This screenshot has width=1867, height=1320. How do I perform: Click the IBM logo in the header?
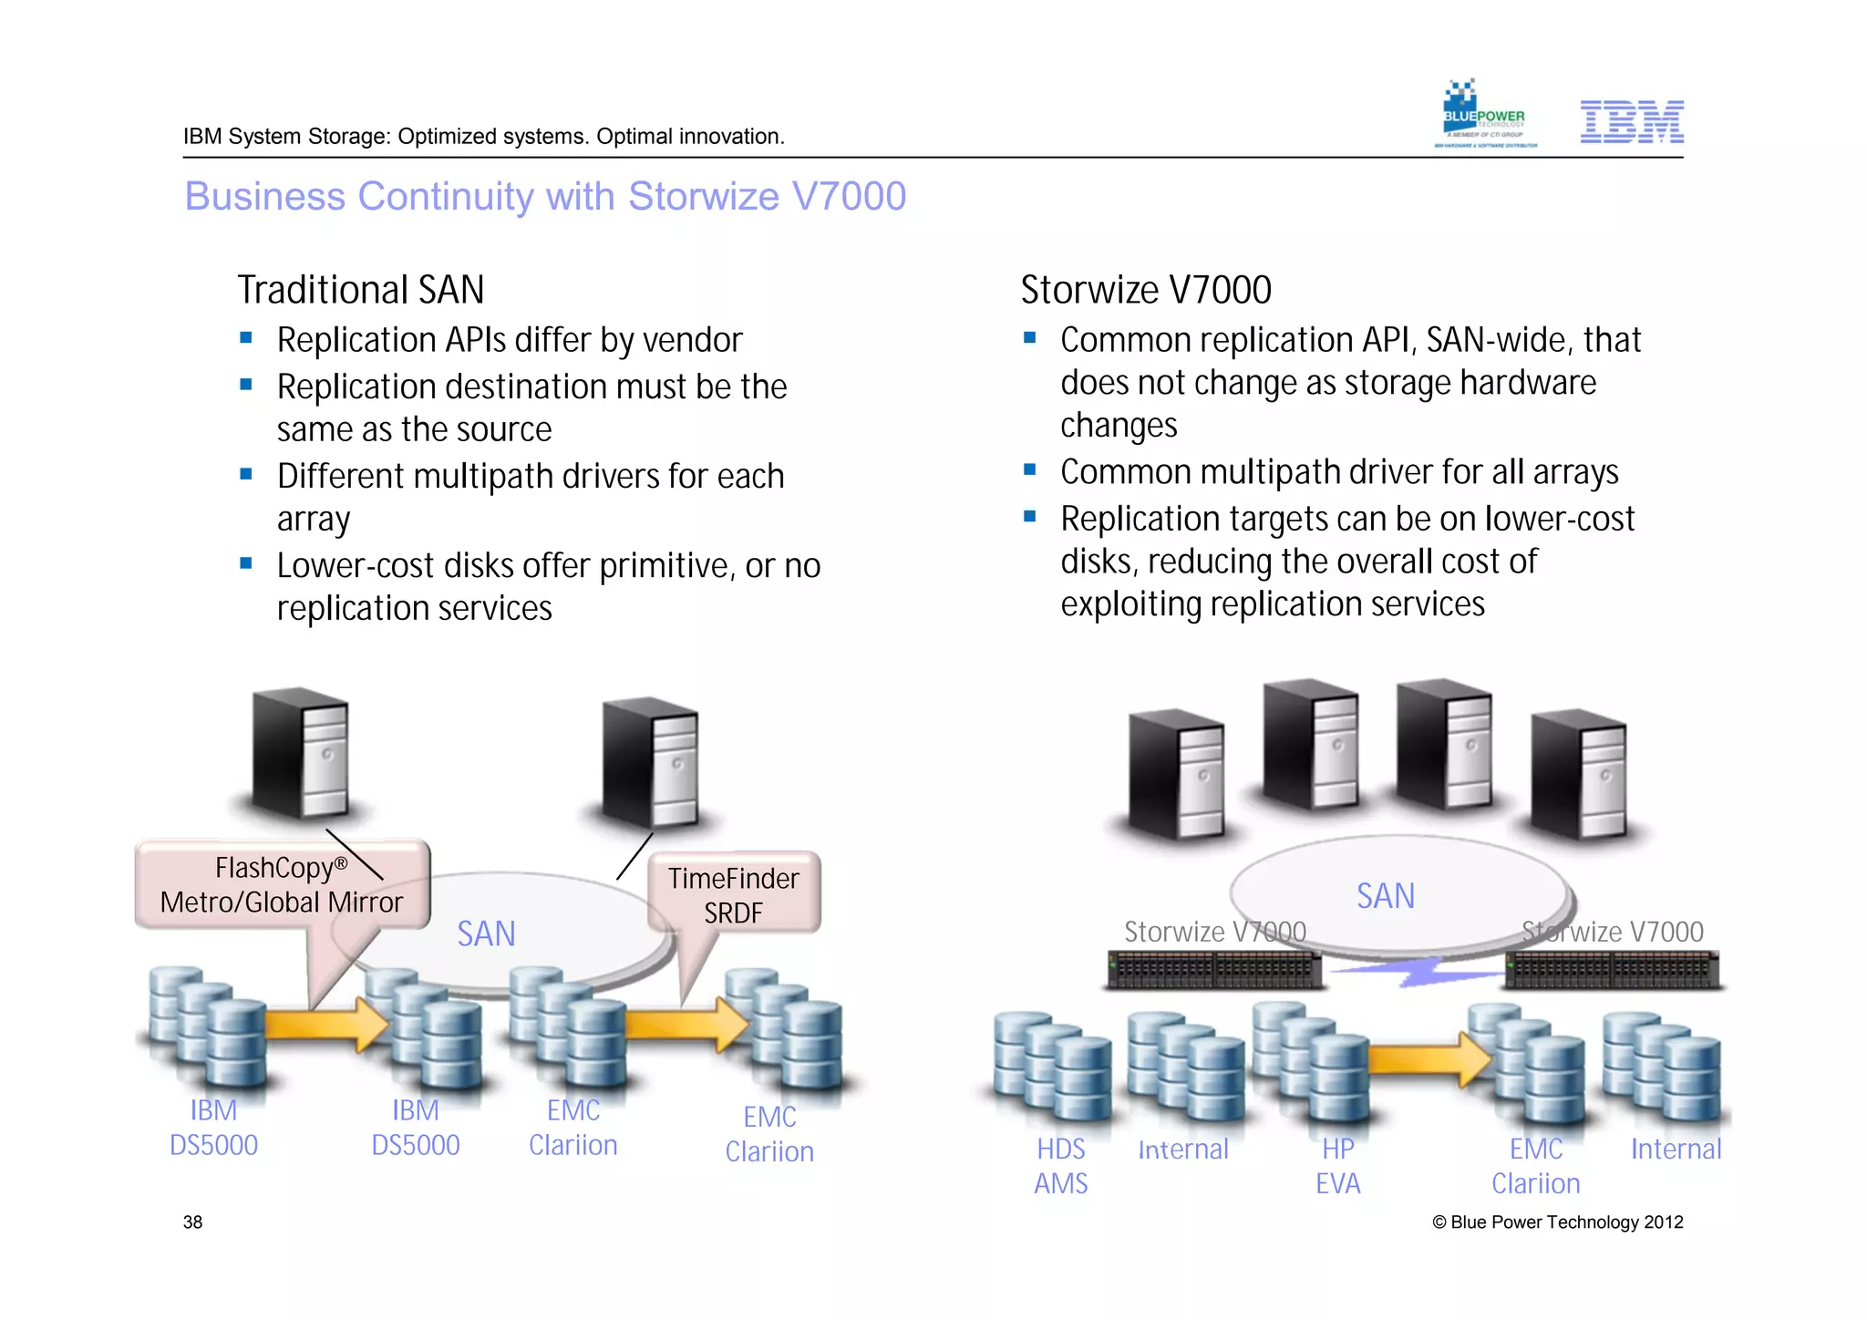point(1631,122)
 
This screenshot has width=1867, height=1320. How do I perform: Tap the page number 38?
point(192,1222)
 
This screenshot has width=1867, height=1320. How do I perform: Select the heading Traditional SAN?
point(360,290)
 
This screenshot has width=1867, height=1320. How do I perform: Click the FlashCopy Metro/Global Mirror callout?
point(281,885)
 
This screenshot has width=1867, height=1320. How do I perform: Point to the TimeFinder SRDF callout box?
point(733,894)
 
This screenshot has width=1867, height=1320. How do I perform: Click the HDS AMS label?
point(1060,1166)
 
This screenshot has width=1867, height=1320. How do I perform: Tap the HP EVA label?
point(1337,1166)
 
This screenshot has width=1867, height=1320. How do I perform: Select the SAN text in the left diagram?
point(486,934)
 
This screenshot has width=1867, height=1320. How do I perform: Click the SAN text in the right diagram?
point(1385,896)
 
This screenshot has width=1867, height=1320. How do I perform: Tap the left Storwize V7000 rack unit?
point(1213,970)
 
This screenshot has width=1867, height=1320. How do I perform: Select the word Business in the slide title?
point(265,197)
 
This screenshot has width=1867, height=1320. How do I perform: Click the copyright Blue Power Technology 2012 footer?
point(1557,1222)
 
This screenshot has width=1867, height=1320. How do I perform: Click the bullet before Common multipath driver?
point(1030,470)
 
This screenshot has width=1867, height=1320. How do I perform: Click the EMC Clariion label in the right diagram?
point(1535,1166)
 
